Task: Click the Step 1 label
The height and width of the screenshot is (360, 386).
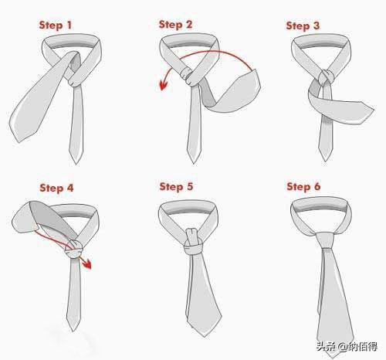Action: coord(56,25)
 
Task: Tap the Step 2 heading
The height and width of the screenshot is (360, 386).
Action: coord(175,25)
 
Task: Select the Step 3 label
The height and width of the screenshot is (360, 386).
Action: coord(303,25)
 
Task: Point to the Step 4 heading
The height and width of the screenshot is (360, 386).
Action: coord(56,188)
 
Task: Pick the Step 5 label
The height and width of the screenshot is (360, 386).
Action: coord(176,187)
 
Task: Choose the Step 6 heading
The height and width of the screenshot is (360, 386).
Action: coord(303,186)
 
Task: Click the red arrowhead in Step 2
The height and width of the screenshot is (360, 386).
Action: coord(164,85)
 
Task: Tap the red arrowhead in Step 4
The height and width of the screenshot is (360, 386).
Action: coord(86,263)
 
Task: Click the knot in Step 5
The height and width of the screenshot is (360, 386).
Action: coord(193,242)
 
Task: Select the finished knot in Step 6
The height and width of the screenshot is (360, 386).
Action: coord(326,240)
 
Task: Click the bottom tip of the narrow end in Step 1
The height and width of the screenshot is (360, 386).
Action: coord(76,163)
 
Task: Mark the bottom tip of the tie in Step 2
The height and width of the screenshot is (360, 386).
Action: coord(194,163)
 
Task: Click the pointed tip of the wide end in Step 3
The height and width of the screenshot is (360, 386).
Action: coord(374,108)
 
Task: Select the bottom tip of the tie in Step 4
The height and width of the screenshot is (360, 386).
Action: coord(73,331)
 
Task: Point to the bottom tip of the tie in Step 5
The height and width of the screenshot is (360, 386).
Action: coord(205,336)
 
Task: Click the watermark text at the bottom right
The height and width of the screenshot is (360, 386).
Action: coord(347,346)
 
